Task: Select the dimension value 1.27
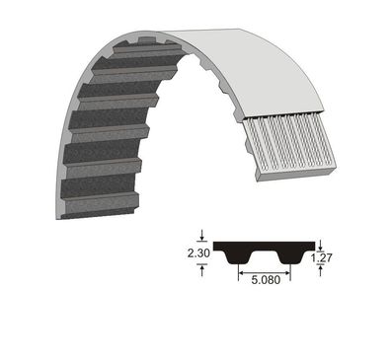[x=321, y=257]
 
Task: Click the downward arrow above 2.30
[x=202, y=236]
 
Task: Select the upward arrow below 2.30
[x=202, y=271]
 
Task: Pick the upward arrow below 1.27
[x=321, y=272]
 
